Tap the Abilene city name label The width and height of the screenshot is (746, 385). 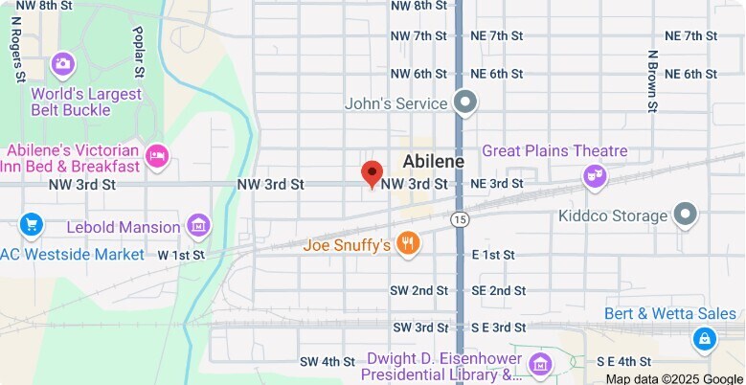[x=433, y=161]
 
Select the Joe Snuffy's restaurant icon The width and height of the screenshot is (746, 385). [x=409, y=243]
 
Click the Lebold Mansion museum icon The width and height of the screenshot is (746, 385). [x=199, y=226]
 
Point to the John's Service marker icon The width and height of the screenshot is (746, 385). [x=465, y=102]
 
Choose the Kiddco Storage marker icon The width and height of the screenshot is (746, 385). [x=685, y=215]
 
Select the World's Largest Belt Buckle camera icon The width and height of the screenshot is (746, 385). [x=63, y=65]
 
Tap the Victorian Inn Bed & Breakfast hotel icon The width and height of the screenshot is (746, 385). [x=157, y=153]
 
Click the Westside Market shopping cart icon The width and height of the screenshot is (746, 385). [x=32, y=226]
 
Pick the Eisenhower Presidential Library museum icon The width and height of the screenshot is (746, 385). [x=541, y=364]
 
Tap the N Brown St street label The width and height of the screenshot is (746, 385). [x=651, y=81]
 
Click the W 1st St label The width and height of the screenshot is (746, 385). [x=181, y=256]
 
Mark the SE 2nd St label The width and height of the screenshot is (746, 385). [x=498, y=290]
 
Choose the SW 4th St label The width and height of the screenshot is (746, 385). [x=328, y=362]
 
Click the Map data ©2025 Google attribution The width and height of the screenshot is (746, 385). [x=674, y=378]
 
